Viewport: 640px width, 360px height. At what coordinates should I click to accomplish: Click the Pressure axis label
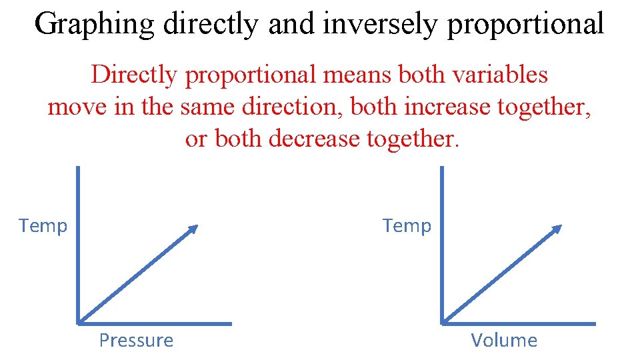pos(136,341)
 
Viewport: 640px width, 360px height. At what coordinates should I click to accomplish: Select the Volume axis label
pos(504,341)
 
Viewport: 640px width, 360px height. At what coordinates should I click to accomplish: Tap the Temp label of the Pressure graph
pos(43,226)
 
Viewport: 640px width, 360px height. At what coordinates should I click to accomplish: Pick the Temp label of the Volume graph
pos(407,226)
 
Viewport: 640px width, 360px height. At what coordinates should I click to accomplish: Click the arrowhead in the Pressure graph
pos(193,229)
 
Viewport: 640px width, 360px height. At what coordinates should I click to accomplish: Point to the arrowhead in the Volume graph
pos(557,229)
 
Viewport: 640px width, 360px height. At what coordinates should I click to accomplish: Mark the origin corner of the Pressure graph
pos(79,323)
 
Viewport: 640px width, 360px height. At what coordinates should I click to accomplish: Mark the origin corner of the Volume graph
pos(442,323)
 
